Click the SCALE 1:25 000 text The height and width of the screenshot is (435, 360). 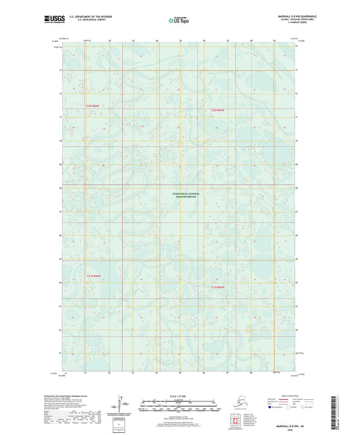pyautogui.click(x=180, y=395)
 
